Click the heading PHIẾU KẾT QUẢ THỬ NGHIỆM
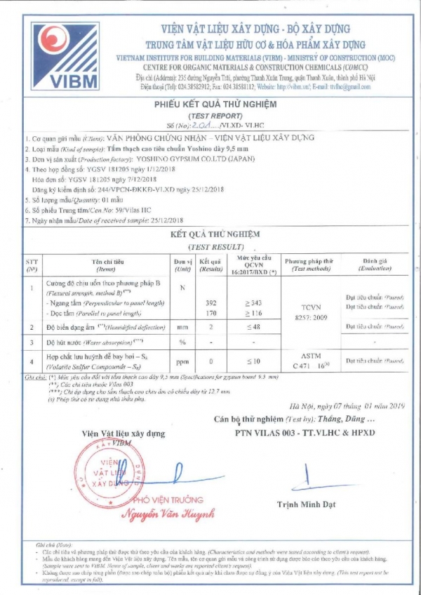(x=215, y=104)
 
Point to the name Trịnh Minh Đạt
(x=306, y=504)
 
